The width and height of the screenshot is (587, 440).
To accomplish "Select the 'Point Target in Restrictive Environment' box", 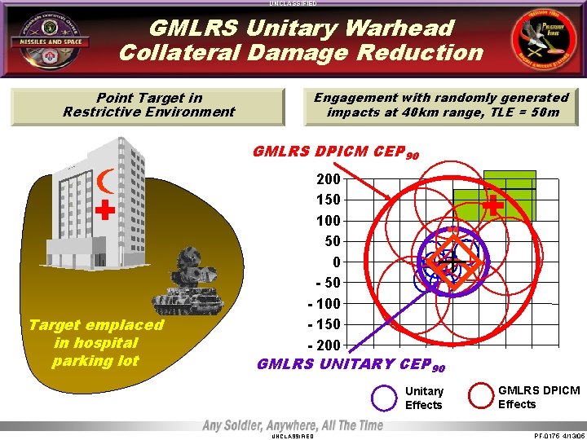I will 148,105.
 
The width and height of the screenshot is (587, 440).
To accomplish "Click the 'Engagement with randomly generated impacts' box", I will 441,105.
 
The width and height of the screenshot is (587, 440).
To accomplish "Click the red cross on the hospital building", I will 104,211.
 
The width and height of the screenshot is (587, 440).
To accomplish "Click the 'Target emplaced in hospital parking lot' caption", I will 96,343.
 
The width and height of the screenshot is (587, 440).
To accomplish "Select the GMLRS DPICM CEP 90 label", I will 337,152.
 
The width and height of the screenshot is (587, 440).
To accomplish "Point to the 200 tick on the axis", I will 328,178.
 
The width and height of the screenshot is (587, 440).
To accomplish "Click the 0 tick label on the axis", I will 335,262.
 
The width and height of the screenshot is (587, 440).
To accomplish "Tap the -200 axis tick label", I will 324,345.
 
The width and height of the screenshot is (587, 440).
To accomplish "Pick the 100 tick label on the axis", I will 328,221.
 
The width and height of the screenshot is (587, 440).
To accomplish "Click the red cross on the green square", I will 492,206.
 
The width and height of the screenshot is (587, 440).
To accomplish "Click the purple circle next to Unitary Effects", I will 384,398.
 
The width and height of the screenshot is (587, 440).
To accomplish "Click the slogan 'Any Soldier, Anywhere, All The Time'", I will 293,425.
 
